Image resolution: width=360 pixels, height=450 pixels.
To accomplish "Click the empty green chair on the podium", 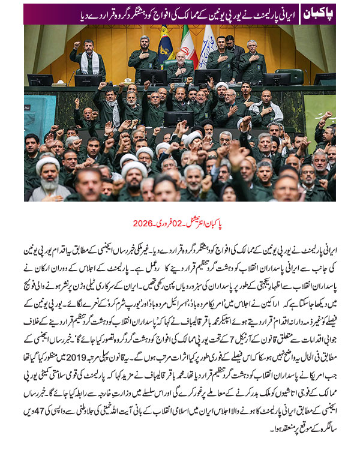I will coord(295,76).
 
